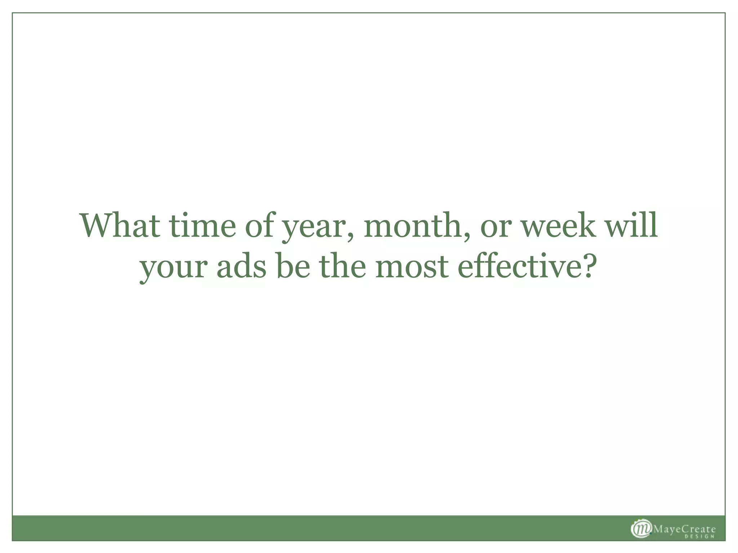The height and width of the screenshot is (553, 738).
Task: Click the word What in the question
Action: pos(120,226)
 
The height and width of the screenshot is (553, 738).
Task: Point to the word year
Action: pos(313,229)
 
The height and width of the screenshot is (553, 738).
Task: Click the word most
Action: pos(412,267)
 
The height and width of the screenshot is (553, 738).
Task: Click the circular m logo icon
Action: pos(641,529)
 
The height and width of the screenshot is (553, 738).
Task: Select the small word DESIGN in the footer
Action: pos(699,537)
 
